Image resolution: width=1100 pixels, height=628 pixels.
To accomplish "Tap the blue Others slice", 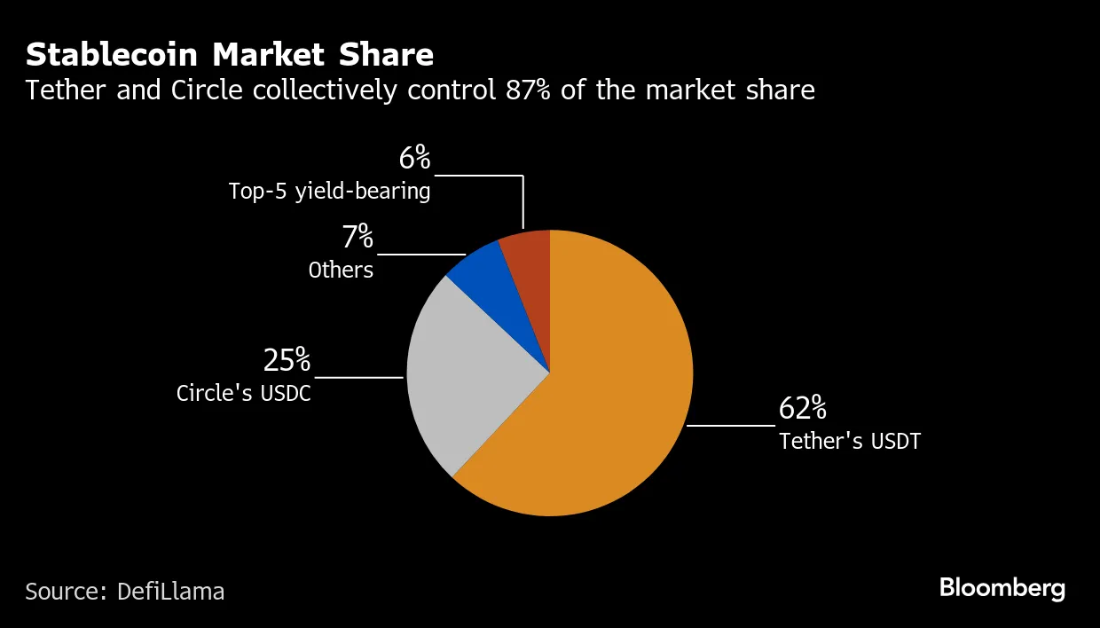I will (x=497, y=284).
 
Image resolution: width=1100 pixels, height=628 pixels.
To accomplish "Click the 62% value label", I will (x=803, y=409).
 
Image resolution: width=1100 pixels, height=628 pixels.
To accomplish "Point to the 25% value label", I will (x=287, y=360).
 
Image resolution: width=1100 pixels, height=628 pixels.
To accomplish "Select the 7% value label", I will (x=357, y=238).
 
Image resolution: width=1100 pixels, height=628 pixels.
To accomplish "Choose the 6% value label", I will (x=414, y=159).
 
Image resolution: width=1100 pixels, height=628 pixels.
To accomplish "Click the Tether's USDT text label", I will (x=850, y=441).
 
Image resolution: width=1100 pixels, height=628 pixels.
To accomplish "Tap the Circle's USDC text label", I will (x=244, y=393).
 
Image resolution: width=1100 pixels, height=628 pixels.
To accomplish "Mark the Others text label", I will (x=341, y=270).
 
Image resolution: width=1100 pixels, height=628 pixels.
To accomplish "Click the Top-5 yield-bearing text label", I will (x=329, y=191).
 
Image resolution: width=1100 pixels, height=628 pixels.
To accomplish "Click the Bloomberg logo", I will (x=1002, y=588).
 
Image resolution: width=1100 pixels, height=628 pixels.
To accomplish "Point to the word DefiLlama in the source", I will (x=170, y=591).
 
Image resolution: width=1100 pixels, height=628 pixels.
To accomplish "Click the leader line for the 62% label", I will (x=730, y=426).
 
